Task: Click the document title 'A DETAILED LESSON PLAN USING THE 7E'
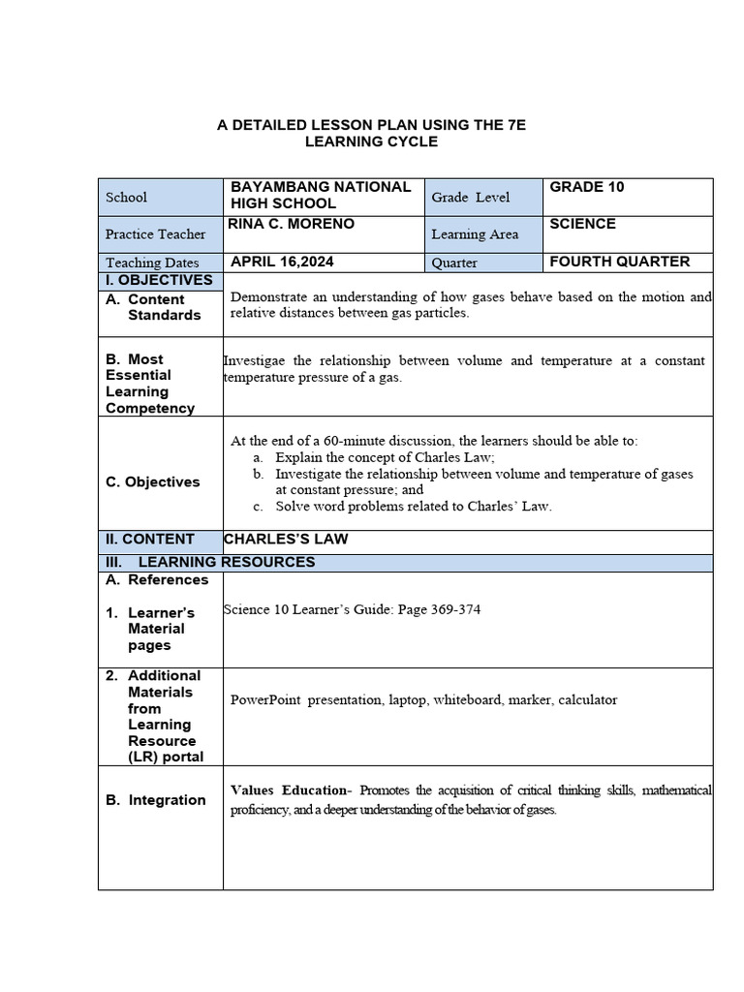click(371, 125)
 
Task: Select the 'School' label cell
click(126, 198)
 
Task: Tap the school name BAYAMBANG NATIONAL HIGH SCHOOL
click(320, 195)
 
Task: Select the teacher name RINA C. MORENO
click(293, 224)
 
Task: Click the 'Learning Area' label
click(475, 234)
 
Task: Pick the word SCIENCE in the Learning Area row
click(582, 224)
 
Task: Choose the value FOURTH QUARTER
click(619, 262)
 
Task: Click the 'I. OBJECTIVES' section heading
click(159, 280)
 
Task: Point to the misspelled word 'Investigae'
click(255, 360)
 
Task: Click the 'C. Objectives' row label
click(153, 481)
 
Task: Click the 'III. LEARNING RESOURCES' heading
click(210, 562)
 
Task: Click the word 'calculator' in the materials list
click(588, 699)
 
